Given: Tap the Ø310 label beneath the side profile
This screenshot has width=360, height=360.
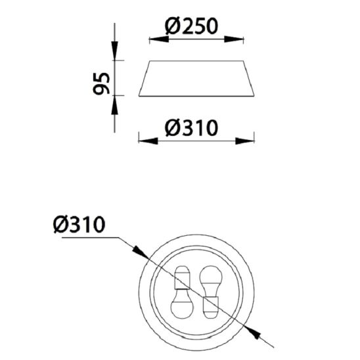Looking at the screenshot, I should [191, 126].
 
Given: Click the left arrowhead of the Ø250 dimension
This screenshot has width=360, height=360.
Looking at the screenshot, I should [155, 39].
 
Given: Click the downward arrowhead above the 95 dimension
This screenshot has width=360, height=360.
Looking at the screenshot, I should [114, 53].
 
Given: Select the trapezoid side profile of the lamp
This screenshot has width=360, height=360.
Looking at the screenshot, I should [196, 79].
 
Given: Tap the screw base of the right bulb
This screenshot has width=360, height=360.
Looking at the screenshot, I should [212, 304].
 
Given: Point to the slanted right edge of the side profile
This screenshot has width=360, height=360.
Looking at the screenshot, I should [250, 79].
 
